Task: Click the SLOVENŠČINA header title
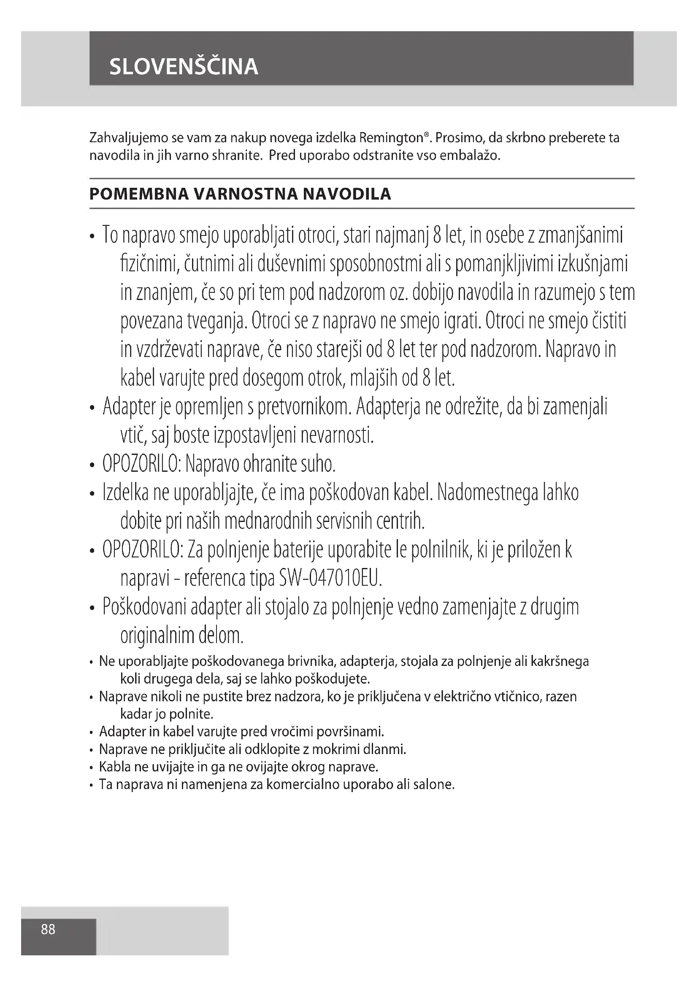(184, 67)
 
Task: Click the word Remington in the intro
(392, 138)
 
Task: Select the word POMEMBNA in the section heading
(138, 194)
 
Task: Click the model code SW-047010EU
(330, 579)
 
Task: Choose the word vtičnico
(518, 696)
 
